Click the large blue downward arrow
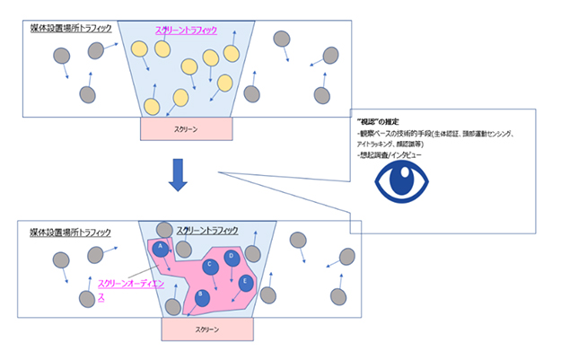(x=180, y=175)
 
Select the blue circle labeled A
(x=162, y=248)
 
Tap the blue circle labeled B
(x=204, y=295)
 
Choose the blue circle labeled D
(x=232, y=257)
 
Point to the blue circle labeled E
(x=246, y=283)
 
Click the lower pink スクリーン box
(x=206, y=329)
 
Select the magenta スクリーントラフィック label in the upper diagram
(x=186, y=31)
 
